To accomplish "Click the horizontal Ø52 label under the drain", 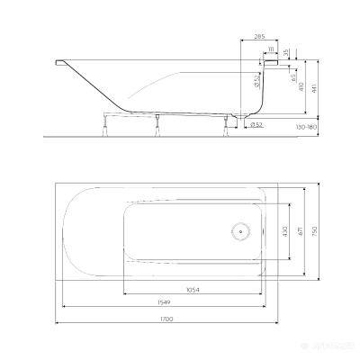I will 256,124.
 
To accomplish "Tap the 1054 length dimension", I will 192,289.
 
